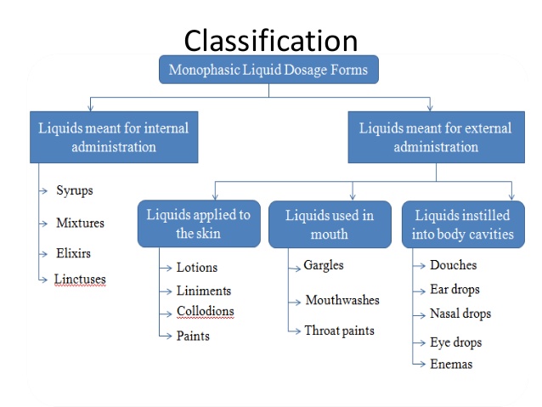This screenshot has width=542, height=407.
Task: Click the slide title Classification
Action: [271, 40]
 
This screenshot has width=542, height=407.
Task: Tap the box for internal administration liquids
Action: [113, 138]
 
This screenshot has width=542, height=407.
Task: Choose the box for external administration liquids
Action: [436, 138]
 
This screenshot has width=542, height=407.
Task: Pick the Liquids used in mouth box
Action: [330, 224]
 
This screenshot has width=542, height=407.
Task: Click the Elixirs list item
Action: [73, 253]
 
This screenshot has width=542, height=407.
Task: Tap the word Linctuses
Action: [80, 279]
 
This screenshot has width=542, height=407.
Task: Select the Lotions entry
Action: [197, 268]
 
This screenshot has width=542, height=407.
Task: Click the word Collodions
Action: [205, 312]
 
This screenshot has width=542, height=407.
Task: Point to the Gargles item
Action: [324, 265]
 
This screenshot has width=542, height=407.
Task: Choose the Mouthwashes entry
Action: [342, 300]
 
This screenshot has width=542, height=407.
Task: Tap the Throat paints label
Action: [340, 331]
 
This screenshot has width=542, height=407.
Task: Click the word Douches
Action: [453, 265]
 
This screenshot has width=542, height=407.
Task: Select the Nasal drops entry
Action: [460, 314]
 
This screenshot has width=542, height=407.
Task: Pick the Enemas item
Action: [450, 364]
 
